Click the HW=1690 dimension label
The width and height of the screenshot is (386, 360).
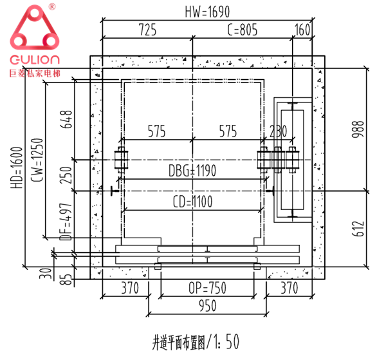[x=206, y=11]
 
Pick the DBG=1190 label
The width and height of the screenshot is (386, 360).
[x=192, y=171]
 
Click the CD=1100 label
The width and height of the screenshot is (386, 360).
[x=192, y=202]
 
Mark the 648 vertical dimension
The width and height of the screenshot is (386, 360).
[x=65, y=120]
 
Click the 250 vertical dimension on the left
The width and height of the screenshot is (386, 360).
[x=65, y=176]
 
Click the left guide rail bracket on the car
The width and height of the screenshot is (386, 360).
[x=120, y=160]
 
